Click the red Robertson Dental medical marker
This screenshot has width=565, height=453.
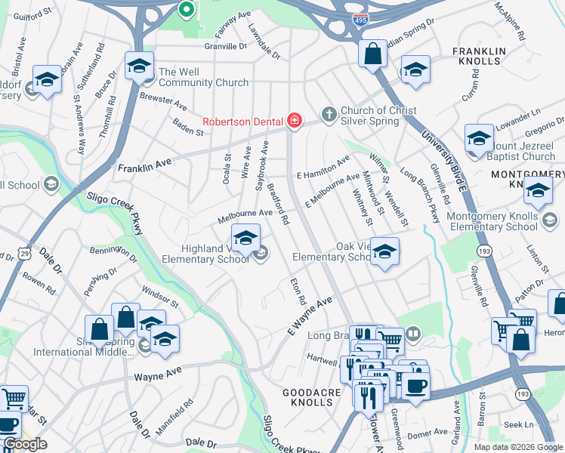294,121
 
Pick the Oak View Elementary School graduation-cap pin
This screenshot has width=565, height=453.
384,253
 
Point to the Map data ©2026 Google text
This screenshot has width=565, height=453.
517,446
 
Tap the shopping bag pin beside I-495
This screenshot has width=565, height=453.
372,55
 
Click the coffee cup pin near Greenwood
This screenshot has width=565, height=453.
413,384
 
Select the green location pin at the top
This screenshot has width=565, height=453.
185,11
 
